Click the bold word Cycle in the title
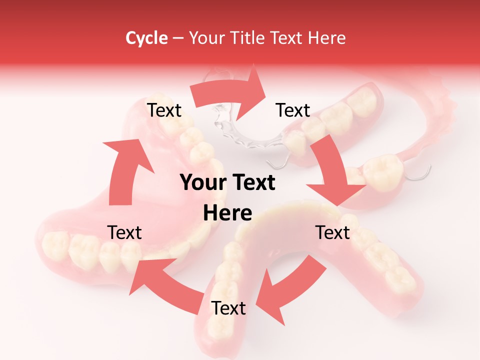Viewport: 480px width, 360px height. pyautogui.click(x=146, y=38)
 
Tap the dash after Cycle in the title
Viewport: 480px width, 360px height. pyautogui.click(x=178, y=38)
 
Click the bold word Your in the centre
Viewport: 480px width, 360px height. pyautogui.click(x=202, y=183)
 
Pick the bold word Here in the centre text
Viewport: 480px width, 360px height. pyautogui.click(x=227, y=213)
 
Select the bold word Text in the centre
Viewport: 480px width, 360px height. pyautogui.click(x=253, y=183)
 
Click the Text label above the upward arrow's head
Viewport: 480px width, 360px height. pyautogui.click(x=164, y=110)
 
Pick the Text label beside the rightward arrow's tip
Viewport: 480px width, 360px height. pyautogui.click(x=293, y=110)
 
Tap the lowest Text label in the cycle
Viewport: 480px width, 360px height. pyautogui.click(x=228, y=308)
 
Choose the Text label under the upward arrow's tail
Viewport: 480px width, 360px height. pyautogui.click(x=124, y=232)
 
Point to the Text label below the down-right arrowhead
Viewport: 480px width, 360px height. pyautogui.click(x=332, y=232)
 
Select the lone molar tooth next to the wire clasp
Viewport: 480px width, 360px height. pyautogui.click(x=382, y=170)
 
